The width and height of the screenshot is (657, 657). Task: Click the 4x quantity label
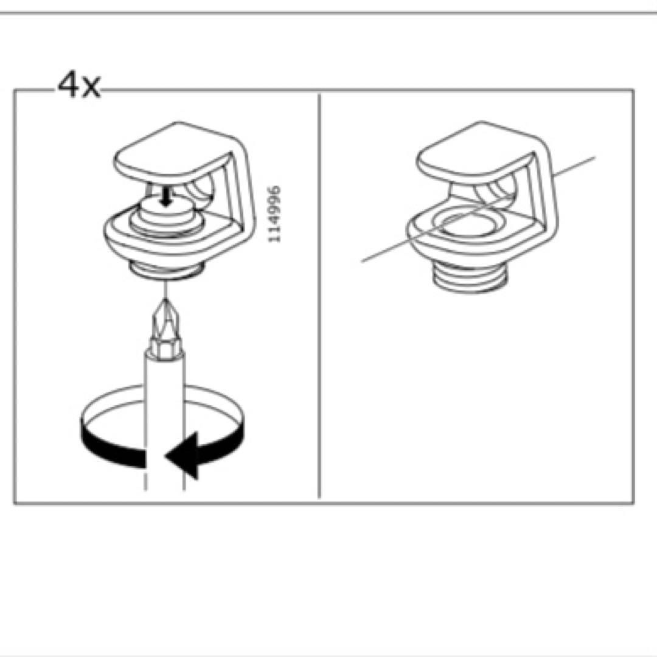point(78,85)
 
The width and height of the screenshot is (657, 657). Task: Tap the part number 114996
point(274,214)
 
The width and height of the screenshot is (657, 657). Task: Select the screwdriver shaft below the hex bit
point(164,419)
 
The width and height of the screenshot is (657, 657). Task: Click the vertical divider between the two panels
point(319,296)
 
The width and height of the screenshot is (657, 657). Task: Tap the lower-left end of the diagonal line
point(362,262)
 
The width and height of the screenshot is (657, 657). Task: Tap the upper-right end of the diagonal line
point(594,158)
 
